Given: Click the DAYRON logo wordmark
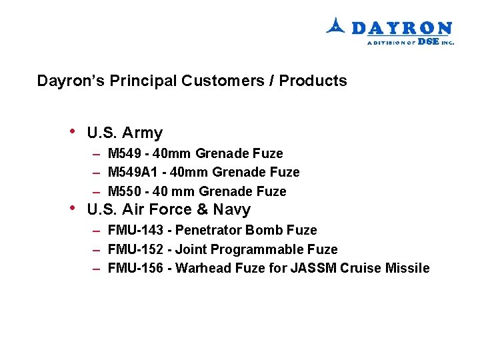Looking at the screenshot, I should tap(401, 28).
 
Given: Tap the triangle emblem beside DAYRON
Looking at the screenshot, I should tap(335, 26).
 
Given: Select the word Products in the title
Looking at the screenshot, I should tap(313, 81).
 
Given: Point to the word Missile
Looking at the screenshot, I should tap(409, 269).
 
